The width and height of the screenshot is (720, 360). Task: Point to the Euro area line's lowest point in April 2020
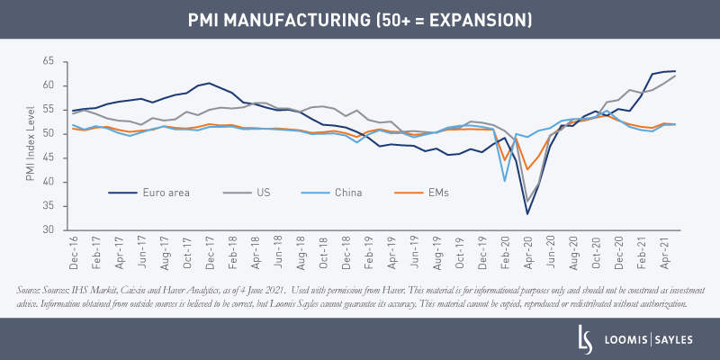527,213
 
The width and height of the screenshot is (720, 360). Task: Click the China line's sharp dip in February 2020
505,180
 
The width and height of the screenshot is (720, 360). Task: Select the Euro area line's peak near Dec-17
210,83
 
